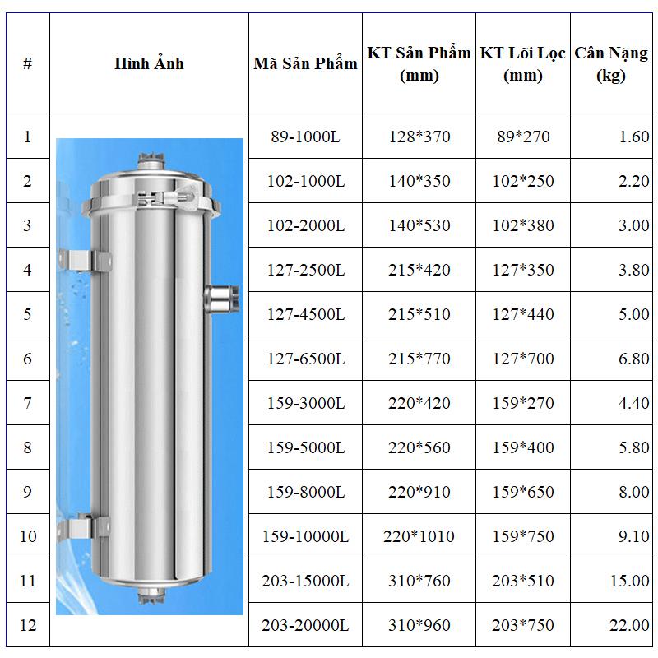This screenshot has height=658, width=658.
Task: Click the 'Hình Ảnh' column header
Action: tap(149, 63)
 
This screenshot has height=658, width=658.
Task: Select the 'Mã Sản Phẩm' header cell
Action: tap(305, 63)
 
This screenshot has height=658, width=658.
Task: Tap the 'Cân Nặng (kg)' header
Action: tap(611, 64)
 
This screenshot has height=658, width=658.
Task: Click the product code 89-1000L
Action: tap(305, 137)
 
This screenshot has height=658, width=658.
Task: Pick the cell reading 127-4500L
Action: tap(306, 314)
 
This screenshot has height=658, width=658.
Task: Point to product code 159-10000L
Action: tap(305, 536)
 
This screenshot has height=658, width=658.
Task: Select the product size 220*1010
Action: tap(419, 536)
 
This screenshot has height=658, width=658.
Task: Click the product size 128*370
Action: tap(419, 137)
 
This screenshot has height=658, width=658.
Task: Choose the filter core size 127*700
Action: tap(523, 359)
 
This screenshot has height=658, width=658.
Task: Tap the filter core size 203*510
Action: tap(523, 581)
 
